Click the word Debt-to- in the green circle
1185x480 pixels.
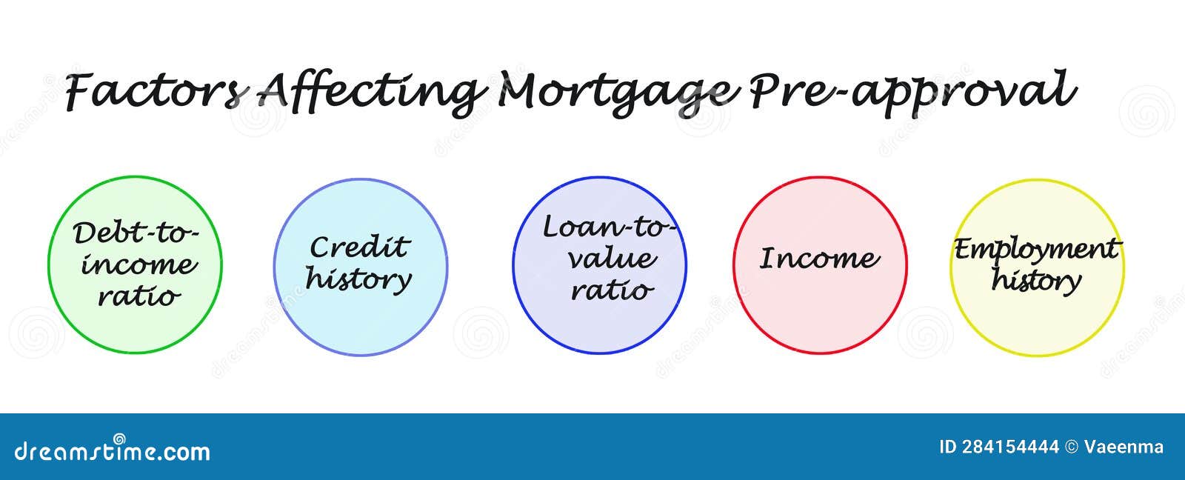[136, 233]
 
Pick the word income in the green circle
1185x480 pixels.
[138, 264]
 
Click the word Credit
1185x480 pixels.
[359, 247]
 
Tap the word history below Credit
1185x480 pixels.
[359, 279]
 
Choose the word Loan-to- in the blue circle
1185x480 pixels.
[609, 227]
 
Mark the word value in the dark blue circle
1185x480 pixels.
[612, 259]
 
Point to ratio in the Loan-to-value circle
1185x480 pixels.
[612, 290]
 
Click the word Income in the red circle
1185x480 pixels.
[820, 259]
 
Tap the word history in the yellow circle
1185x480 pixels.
[1037, 281]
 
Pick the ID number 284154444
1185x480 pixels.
[1010, 447]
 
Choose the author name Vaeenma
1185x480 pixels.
[1124, 447]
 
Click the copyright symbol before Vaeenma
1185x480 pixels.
[1071, 447]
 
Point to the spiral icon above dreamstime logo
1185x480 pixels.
[119, 438]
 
